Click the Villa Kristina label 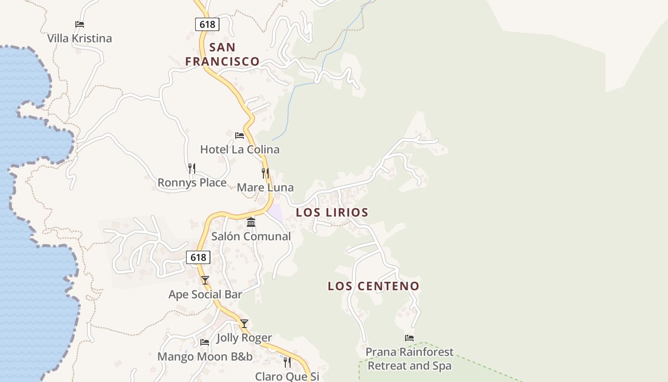coord(80,39)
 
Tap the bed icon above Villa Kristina coord(80,24)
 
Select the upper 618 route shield coord(207,24)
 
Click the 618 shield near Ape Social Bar coord(198,257)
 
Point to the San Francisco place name coord(222,54)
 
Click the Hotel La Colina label coord(240,149)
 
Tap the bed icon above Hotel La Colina coord(240,136)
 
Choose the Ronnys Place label coord(192,183)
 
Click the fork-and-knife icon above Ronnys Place coord(192,169)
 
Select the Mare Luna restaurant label coord(265,188)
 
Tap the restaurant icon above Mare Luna coord(265,173)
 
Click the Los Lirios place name coord(332,212)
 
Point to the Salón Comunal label coord(251,236)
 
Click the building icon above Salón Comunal coord(251,223)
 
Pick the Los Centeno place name coord(374,286)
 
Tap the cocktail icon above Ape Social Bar coord(205,280)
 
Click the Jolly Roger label coord(244,338)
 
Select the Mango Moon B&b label coord(205,357)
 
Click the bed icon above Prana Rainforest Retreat coord(409,338)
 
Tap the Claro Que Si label coord(287,376)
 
